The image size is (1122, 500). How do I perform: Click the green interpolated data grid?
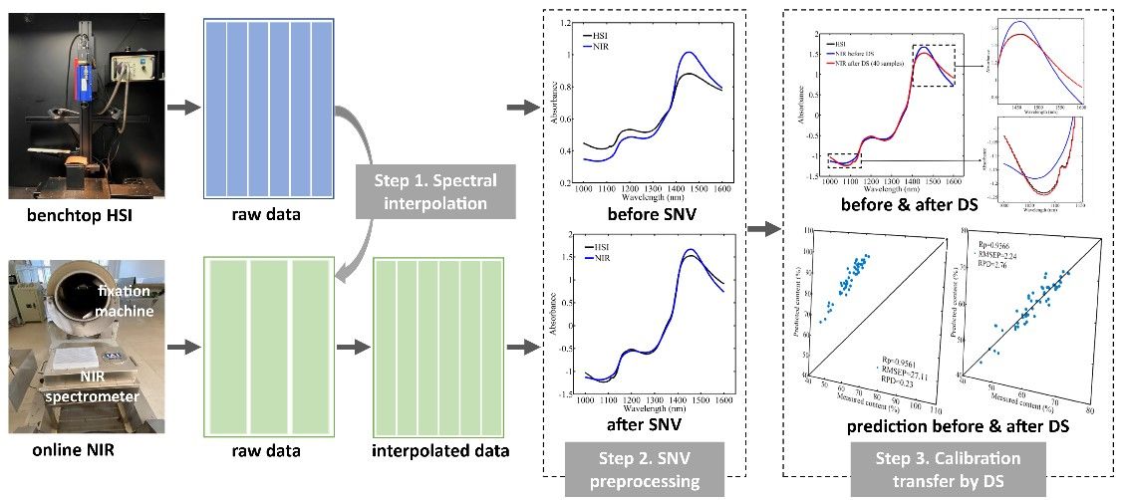[x=438, y=346]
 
